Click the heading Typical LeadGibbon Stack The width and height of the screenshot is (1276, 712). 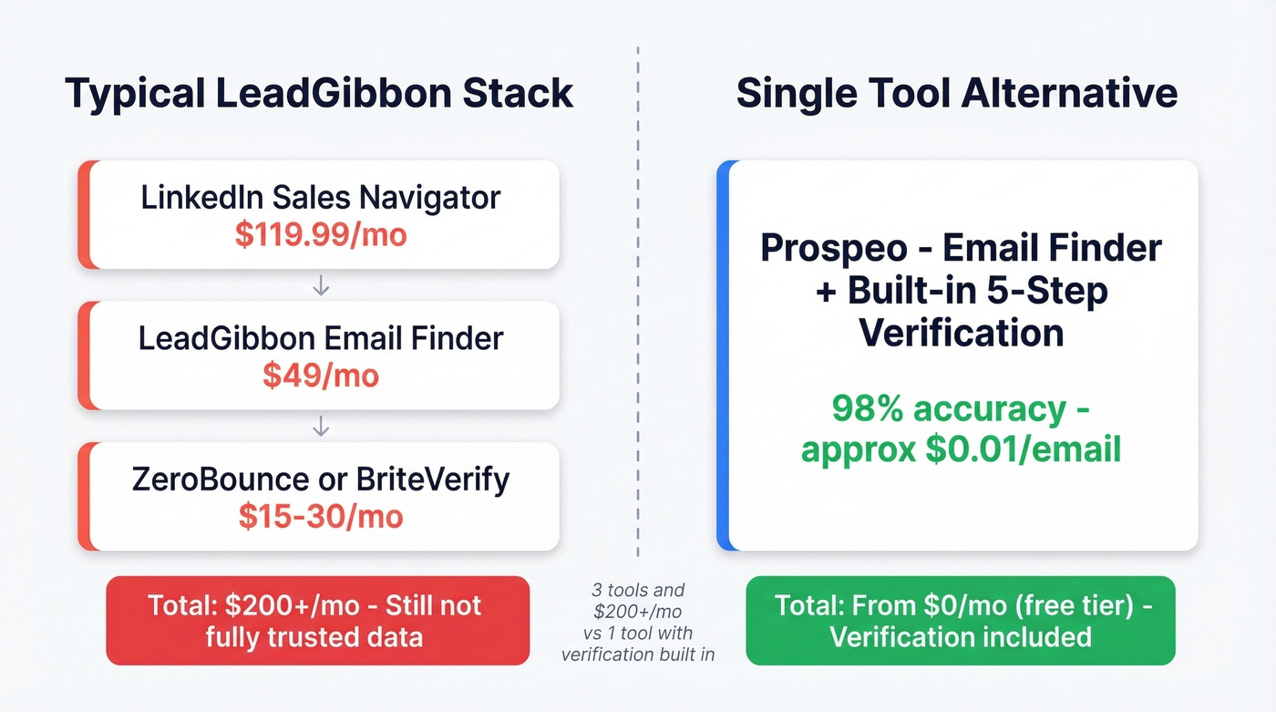[319, 94]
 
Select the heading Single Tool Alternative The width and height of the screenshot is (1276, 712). [956, 94]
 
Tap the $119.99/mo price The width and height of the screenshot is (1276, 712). [320, 234]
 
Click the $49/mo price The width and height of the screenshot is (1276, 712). [320, 375]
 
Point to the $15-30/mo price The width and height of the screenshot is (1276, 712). [320, 516]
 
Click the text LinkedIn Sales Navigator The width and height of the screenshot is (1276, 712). [320, 197]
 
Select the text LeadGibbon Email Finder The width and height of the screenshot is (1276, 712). [320, 338]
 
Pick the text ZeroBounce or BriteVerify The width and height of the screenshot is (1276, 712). [320, 479]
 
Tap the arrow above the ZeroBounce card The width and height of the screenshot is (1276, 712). [320, 426]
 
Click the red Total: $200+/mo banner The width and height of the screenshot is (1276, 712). [317, 620]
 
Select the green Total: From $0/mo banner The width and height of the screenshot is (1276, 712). [960, 620]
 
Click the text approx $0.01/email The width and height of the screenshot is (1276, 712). [960, 449]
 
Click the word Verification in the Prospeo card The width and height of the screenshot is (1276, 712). [961, 332]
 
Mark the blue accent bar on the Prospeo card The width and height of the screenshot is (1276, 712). [723, 356]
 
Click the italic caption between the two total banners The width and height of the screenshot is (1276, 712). [638, 622]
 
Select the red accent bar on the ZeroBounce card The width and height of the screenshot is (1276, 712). [84, 497]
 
